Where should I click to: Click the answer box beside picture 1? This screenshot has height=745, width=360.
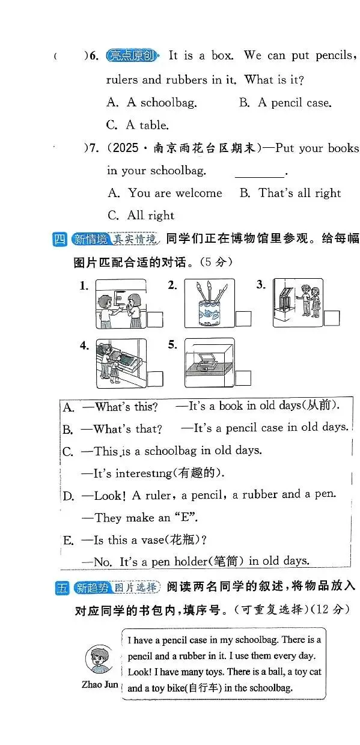tap(155, 320)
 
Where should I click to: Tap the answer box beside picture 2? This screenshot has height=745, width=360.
tap(243, 319)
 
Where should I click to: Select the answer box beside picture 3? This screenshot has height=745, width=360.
tap(332, 318)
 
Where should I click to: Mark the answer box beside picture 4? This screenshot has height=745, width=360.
tap(155, 379)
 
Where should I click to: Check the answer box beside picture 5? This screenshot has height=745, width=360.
tap(243, 378)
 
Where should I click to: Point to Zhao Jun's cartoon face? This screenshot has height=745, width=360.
tap(99, 659)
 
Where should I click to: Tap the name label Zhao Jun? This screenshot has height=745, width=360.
tap(100, 684)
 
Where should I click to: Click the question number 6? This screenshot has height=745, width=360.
tap(94, 56)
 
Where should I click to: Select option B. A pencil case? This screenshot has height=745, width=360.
tap(285, 103)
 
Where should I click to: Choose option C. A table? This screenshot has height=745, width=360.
tap(138, 125)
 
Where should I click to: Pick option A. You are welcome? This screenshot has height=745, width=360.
tap(165, 193)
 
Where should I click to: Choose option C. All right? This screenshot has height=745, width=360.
tap(141, 215)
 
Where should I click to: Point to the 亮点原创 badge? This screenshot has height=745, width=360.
tap(132, 56)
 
